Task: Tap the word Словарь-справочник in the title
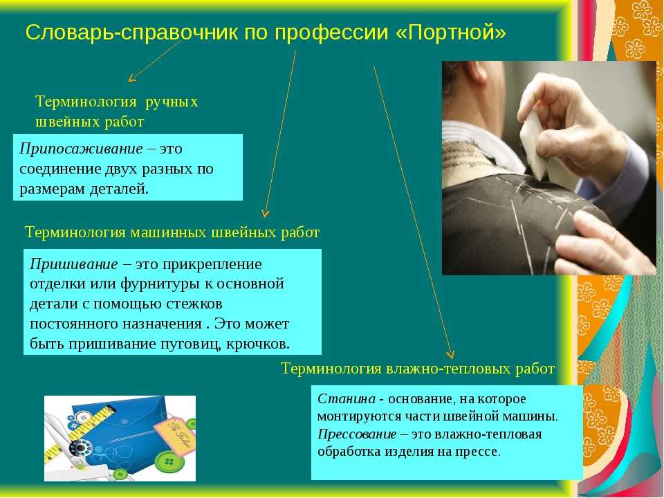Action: click(131, 33)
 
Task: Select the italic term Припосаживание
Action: click(81, 149)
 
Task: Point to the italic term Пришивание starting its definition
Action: click(74, 264)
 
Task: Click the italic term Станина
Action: click(347, 399)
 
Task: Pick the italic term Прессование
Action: click(357, 434)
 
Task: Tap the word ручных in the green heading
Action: click(172, 102)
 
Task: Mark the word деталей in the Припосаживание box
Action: click(119, 189)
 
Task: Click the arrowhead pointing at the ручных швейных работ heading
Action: click(131, 78)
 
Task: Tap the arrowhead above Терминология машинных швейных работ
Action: click(265, 213)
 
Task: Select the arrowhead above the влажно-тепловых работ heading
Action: click(450, 354)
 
